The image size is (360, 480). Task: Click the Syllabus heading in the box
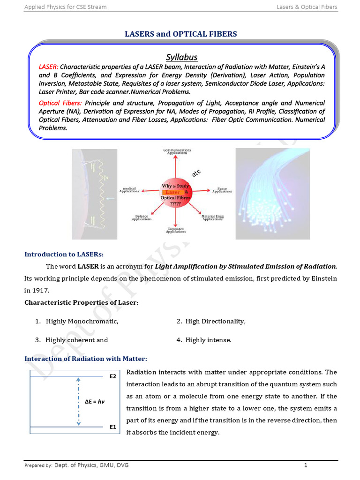pos(181,57)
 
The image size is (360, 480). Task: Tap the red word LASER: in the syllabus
pos(49,67)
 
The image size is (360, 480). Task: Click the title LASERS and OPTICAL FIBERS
pos(180,34)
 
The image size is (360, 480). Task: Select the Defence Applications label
pos(141,217)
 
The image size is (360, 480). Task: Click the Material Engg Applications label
pos(212,217)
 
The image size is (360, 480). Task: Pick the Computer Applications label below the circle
pos(175,230)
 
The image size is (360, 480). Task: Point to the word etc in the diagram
pos(196,173)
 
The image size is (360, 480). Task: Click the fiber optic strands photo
pos(272,194)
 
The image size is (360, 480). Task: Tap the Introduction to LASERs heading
pos(64,254)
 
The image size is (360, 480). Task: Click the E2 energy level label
pos(112,376)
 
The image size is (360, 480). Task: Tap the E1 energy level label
pos(112,427)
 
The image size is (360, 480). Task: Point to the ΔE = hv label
pos(94,402)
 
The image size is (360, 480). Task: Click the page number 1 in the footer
pos(305,465)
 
